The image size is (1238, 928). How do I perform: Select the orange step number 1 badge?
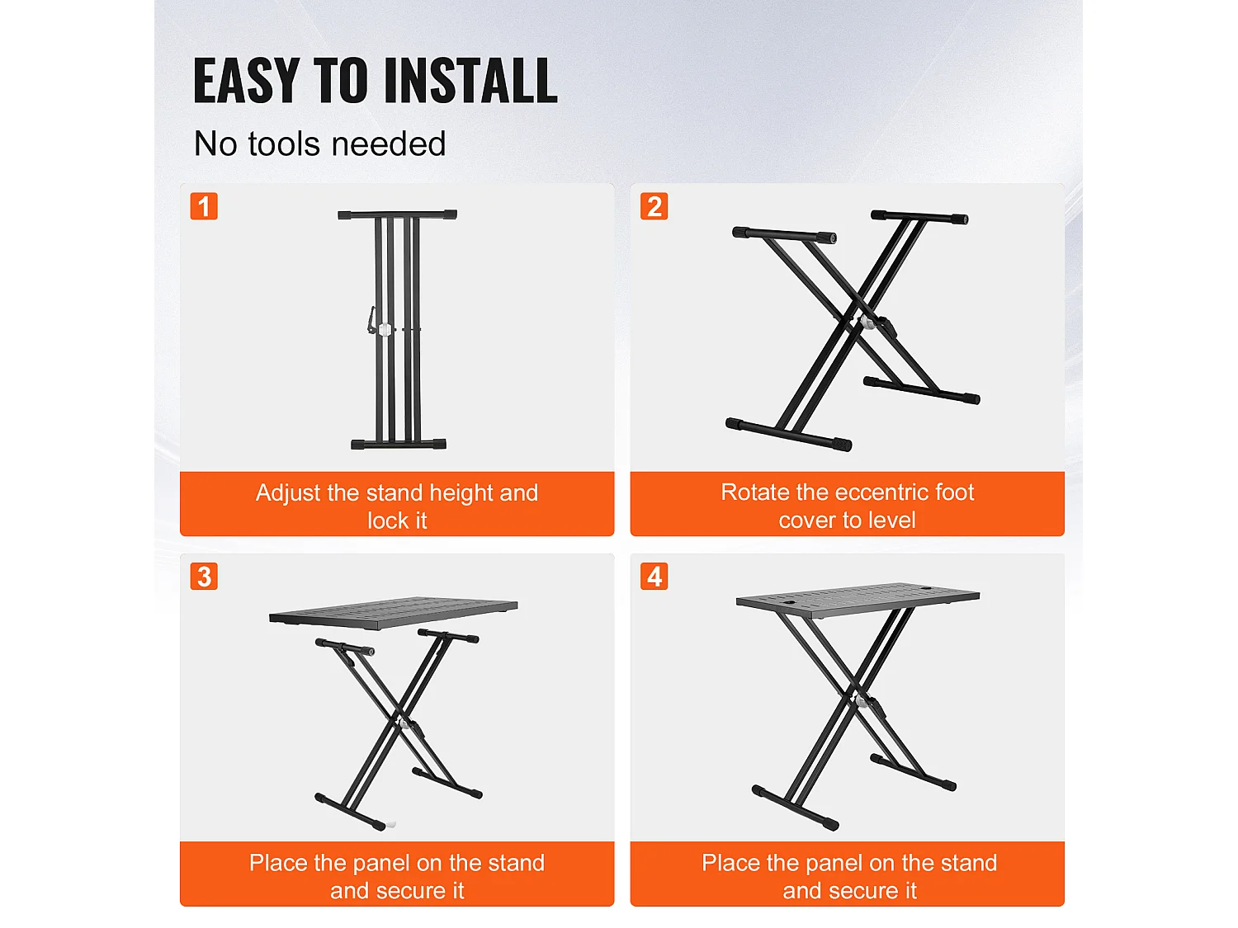pos(204,206)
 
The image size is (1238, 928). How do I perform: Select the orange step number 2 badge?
pos(654,206)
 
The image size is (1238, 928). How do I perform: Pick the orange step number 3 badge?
pos(204,577)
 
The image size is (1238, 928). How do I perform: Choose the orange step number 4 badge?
pos(654,577)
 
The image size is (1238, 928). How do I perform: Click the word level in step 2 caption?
pos(891,521)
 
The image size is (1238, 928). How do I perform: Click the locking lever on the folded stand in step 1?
pos(372,320)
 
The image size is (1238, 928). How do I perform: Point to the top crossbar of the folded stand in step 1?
pos(397,215)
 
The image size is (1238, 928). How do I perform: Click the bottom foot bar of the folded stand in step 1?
pos(398,445)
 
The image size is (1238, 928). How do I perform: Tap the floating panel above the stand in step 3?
pos(393,612)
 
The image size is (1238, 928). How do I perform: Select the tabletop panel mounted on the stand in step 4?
pos(857,599)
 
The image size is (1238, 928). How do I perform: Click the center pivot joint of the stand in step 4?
pos(862,701)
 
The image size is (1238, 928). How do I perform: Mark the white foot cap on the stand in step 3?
pos(391,824)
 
